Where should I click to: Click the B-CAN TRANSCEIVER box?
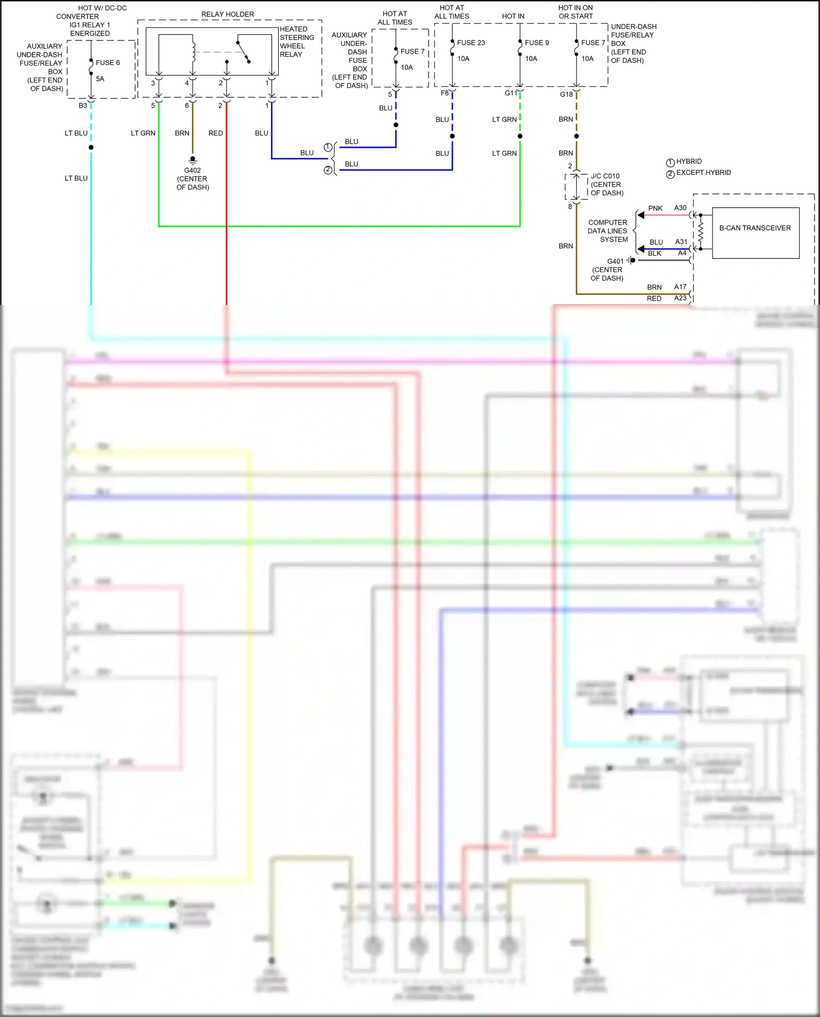click(755, 232)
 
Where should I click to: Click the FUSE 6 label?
click(107, 62)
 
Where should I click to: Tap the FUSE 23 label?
click(471, 43)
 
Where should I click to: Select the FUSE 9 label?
click(536, 43)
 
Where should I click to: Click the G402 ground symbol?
click(192, 160)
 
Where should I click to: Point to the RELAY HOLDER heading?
click(227, 14)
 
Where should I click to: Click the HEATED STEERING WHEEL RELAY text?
click(296, 42)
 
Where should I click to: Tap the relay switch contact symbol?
click(243, 51)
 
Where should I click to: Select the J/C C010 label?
click(605, 176)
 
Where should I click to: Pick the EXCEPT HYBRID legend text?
click(703, 173)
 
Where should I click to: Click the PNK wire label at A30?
click(655, 208)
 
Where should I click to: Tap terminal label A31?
click(681, 242)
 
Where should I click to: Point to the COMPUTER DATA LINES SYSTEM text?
click(607, 231)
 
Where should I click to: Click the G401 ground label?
click(615, 261)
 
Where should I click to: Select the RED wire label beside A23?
click(654, 298)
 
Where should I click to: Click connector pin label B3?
click(83, 105)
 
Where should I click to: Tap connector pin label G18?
click(566, 95)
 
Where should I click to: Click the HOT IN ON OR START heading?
click(575, 12)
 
